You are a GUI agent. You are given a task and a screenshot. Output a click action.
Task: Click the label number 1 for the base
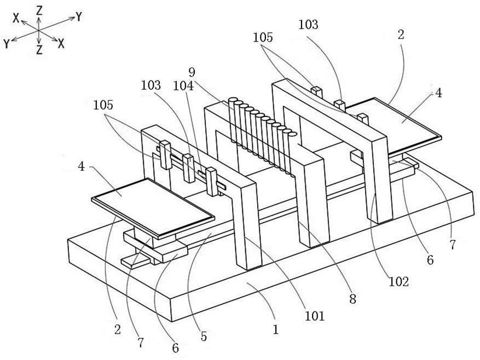[276, 329]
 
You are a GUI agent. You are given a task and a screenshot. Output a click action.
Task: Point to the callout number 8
[352, 299]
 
